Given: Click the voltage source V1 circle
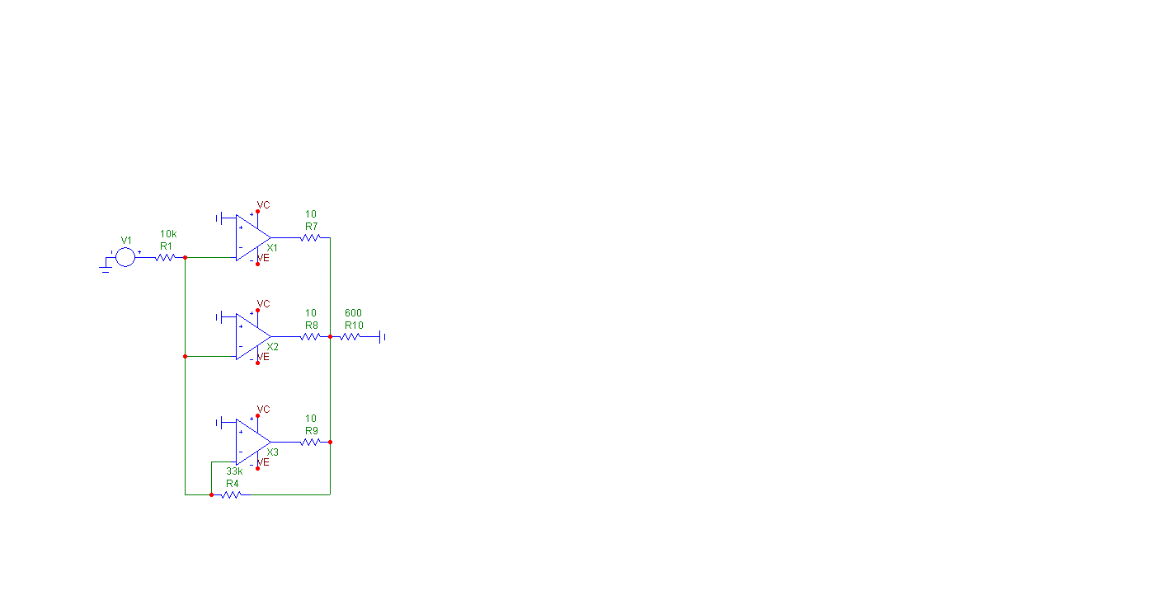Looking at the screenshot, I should [125, 257].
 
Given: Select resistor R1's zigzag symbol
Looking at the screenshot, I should [166, 257].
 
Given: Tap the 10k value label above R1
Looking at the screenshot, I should [168, 234].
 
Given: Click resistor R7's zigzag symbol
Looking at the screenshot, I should [310, 237].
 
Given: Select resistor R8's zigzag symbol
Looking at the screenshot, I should [310, 336].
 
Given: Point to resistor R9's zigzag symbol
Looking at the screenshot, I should [310, 442].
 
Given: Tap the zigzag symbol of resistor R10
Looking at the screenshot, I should [350, 336].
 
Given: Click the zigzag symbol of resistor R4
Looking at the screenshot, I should [230, 494].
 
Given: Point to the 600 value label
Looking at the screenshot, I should [353, 313].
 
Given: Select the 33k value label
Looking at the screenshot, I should [234, 471].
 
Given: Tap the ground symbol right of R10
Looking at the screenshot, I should [383, 336].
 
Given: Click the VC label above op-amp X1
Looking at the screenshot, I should [263, 204].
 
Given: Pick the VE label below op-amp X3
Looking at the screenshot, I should [263, 462].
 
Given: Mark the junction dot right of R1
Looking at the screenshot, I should [185, 257].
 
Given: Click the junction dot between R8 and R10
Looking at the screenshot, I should [330, 336].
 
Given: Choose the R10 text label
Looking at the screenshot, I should [354, 326].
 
